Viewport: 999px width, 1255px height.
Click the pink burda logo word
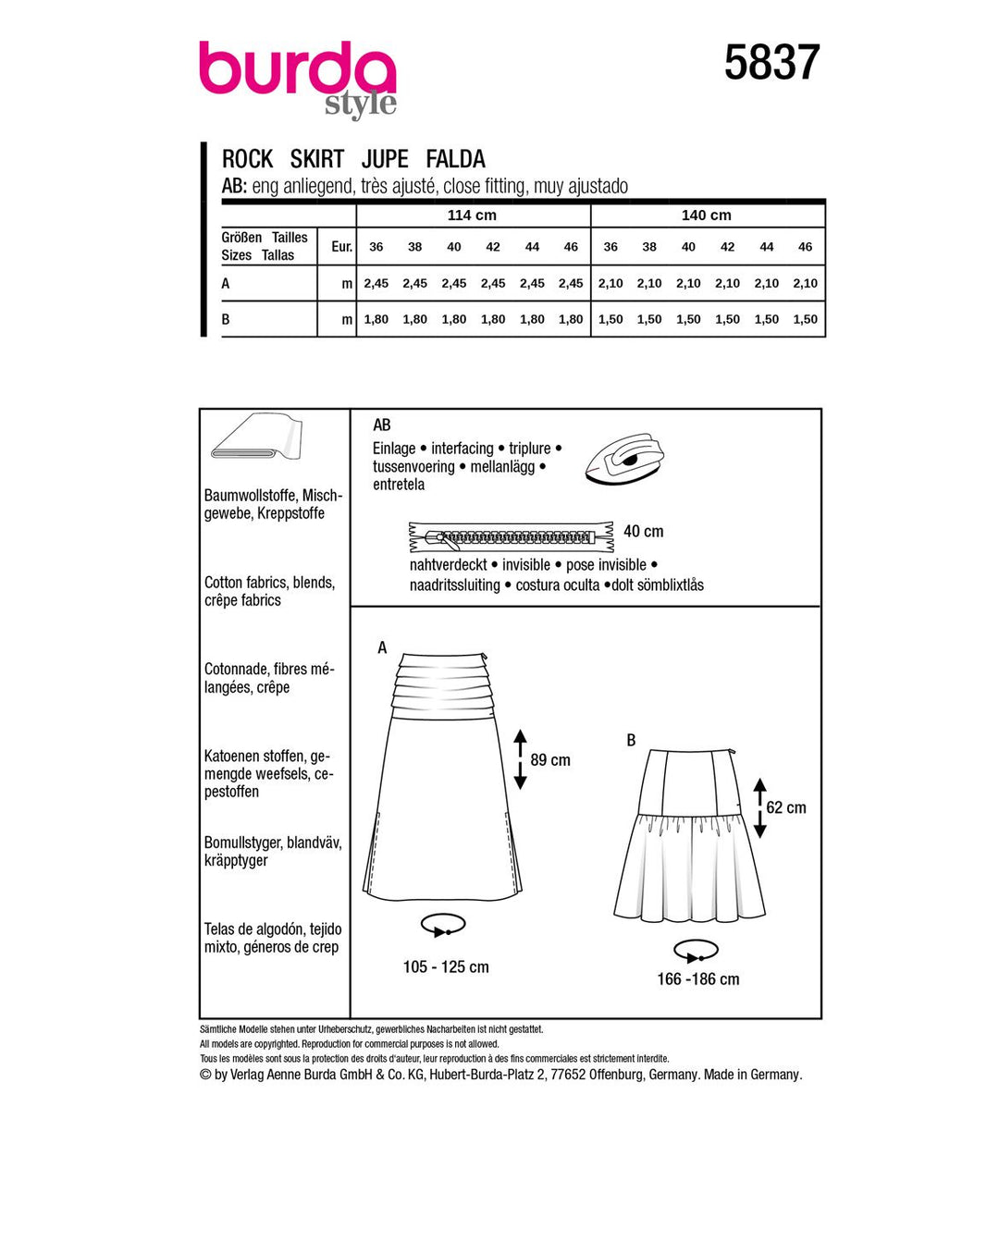pos(296,68)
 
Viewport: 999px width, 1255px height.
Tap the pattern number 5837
pos(771,63)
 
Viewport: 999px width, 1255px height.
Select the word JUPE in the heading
pos(385,159)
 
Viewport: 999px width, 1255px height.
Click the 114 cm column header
pos(472,215)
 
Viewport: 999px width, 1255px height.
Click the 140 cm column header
pos(706,215)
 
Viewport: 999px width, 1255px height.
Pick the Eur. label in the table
pos(341,247)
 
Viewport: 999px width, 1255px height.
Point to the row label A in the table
pos(226,284)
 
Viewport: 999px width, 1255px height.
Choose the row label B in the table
pos(226,319)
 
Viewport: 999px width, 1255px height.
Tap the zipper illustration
pos(511,536)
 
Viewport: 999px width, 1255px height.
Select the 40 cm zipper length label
pos(643,532)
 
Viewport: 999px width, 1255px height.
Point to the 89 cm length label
pos(550,760)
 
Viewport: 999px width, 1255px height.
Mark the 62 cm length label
pos(786,807)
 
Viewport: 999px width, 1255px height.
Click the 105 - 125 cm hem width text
pos(446,967)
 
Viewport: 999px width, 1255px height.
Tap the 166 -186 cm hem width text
pos(698,979)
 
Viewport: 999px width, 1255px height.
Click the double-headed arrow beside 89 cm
pos(520,759)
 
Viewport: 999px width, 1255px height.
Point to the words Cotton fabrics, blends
pos(269,583)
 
